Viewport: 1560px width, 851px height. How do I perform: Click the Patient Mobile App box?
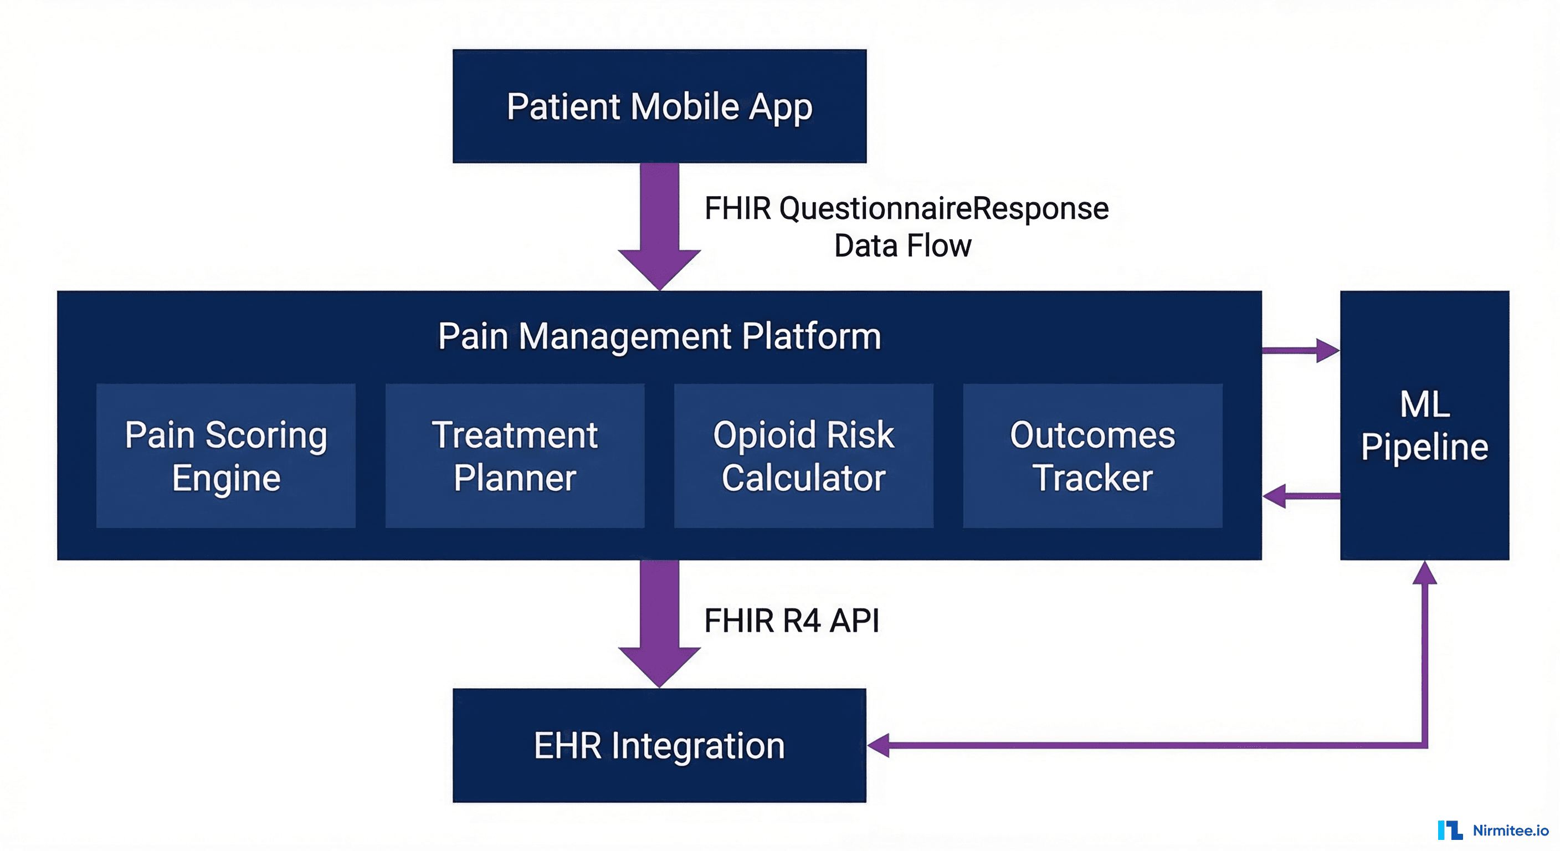pos(659,106)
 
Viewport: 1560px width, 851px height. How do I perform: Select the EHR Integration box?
pos(659,745)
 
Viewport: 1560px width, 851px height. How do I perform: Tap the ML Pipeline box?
pos(1424,425)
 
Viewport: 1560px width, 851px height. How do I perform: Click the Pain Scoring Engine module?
pos(226,455)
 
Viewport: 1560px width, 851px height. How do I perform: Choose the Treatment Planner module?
pos(515,455)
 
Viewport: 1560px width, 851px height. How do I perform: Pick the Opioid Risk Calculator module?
pos(803,455)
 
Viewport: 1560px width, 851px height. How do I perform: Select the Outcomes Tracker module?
pos(1092,455)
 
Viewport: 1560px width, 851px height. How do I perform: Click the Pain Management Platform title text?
pos(659,336)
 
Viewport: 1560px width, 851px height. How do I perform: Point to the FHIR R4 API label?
pos(791,621)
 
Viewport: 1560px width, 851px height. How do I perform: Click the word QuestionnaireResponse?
pos(943,208)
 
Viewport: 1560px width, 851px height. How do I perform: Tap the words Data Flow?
pos(902,246)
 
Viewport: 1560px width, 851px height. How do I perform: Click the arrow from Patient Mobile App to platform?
pos(659,224)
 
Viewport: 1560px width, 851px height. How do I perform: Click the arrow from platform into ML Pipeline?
pos(1301,350)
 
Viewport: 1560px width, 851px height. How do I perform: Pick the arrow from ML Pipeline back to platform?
pos(1301,496)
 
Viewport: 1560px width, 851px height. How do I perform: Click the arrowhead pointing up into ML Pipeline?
pos(1424,573)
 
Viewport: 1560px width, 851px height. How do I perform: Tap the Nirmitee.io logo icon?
pos(1450,830)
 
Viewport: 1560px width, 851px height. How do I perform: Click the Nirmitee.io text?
pos(1510,831)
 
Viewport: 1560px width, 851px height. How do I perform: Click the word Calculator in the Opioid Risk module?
pos(803,478)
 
